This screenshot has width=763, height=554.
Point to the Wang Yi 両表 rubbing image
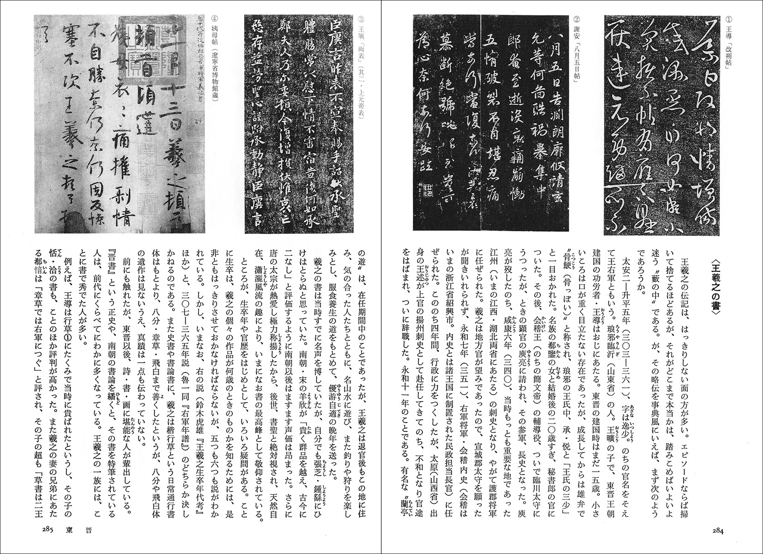(300, 125)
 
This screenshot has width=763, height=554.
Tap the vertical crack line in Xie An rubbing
(480, 125)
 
